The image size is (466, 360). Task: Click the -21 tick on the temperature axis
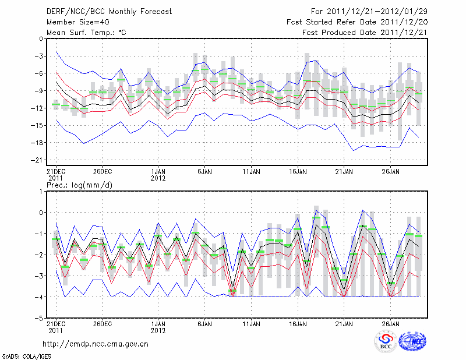click(x=38, y=160)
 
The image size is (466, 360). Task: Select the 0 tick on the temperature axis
click(x=41, y=39)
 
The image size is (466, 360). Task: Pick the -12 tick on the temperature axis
click(x=38, y=108)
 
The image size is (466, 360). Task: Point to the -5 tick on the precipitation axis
click(x=39, y=319)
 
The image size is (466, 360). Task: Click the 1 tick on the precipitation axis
click(x=41, y=191)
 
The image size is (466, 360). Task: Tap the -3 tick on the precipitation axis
click(x=39, y=276)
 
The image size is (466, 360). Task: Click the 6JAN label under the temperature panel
click(x=204, y=172)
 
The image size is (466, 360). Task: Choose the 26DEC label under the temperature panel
click(x=103, y=172)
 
